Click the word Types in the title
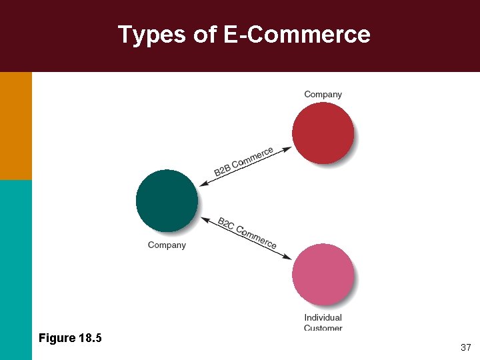click(x=152, y=35)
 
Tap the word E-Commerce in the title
click(x=297, y=34)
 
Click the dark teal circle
click(x=167, y=201)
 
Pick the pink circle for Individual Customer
click(x=323, y=275)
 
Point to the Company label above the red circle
click(x=323, y=94)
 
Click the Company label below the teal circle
click(x=167, y=245)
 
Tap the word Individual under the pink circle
click(x=323, y=318)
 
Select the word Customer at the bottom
click(x=323, y=327)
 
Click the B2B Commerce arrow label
click(x=243, y=162)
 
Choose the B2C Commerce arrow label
click(x=247, y=233)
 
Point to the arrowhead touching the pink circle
click(x=288, y=257)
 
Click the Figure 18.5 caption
click(x=70, y=338)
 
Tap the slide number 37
click(x=465, y=348)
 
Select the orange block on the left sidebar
click(x=15, y=125)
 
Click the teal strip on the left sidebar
click(x=15, y=267)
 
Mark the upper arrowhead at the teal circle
click(x=203, y=184)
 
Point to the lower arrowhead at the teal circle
click(x=203, y=220)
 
